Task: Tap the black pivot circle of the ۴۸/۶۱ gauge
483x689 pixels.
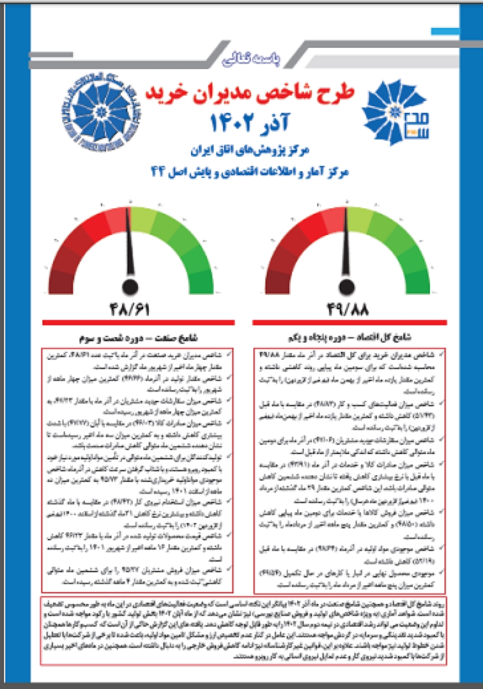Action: tap(129, 286)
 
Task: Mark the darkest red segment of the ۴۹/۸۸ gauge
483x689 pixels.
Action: tap(276, 279)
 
